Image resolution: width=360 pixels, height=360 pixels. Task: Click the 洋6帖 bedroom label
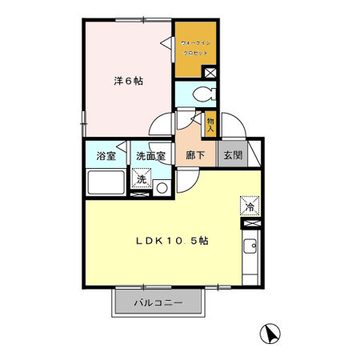(128, 81)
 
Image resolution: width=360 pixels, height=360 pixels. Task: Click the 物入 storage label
(210, 124)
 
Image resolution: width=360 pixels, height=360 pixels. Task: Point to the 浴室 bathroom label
(106, 156)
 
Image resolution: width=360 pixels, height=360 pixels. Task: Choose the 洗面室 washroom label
(150, 156)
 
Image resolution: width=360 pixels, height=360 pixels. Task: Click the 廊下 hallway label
(195, 156)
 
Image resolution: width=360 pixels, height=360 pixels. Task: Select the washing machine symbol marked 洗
(141, 181)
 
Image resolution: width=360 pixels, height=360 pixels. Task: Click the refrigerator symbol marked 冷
(249, 206)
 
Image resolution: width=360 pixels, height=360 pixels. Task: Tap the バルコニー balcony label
(158, 303)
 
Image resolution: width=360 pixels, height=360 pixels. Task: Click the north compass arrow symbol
(270, 332)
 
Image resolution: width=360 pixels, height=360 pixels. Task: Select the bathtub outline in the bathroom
(105, 184)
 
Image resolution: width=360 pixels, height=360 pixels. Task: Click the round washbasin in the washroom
(162, 188)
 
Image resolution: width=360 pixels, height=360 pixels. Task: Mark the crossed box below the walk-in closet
(210, 72)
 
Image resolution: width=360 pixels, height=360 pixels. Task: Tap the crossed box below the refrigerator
(249, 224)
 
